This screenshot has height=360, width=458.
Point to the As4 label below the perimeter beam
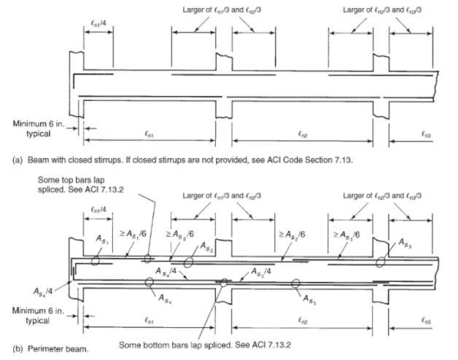(x=165, y=297)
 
